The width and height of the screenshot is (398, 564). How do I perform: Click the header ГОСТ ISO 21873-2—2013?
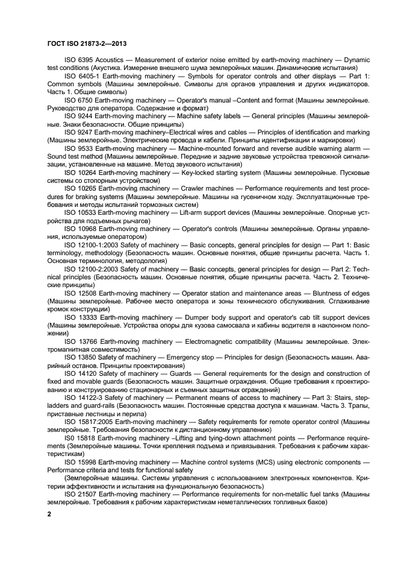[x=86, y=43]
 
